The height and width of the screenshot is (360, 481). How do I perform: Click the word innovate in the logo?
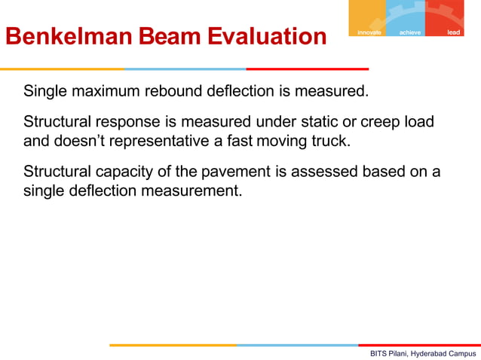pos(369,32)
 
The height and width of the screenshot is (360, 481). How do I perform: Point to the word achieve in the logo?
pos(410,32)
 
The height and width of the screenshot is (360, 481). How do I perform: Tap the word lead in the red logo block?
pos(453,32)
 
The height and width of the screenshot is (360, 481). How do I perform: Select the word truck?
pos(331,139)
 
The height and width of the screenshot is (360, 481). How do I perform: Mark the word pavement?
pos(224,172)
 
